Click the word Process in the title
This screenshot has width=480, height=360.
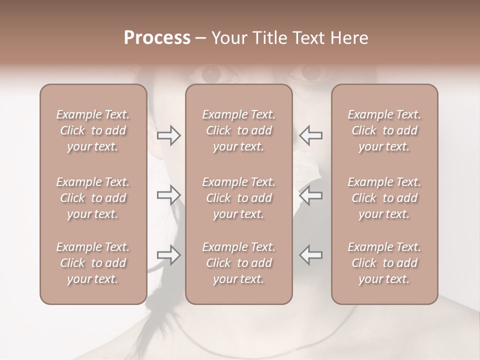coord(157,38)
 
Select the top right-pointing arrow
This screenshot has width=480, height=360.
coord(168,135)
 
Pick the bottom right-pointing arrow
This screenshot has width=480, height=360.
coord(168,254)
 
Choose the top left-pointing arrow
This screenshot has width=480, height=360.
coord(310,135)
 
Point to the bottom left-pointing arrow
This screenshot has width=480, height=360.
coord(310,254)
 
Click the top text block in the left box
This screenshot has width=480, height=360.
coord(93,130)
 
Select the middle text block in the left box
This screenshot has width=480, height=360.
coord(93,198)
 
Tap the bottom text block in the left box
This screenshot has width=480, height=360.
coord(93,263)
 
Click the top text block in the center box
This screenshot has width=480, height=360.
coord(238,130)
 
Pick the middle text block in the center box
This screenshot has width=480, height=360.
coord(238,198)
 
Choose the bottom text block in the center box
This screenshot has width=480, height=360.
coord(238,263)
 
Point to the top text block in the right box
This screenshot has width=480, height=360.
coord(384,130)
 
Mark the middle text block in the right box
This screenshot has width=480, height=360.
coord(384,198)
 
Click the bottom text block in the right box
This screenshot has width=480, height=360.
coord(384,263)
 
